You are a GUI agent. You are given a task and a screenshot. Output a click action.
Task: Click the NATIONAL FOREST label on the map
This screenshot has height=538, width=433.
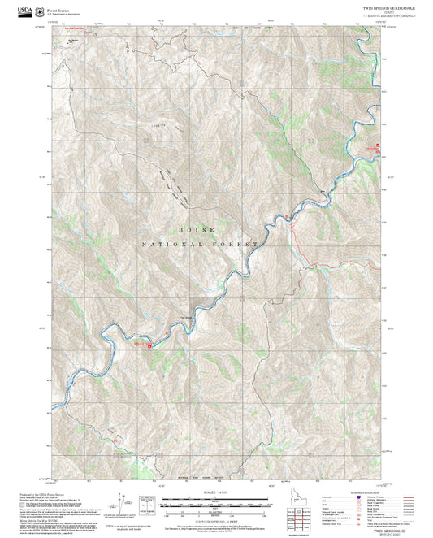point(200,244)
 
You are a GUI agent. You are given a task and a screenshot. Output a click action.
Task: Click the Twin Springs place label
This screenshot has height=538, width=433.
point(186,318)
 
